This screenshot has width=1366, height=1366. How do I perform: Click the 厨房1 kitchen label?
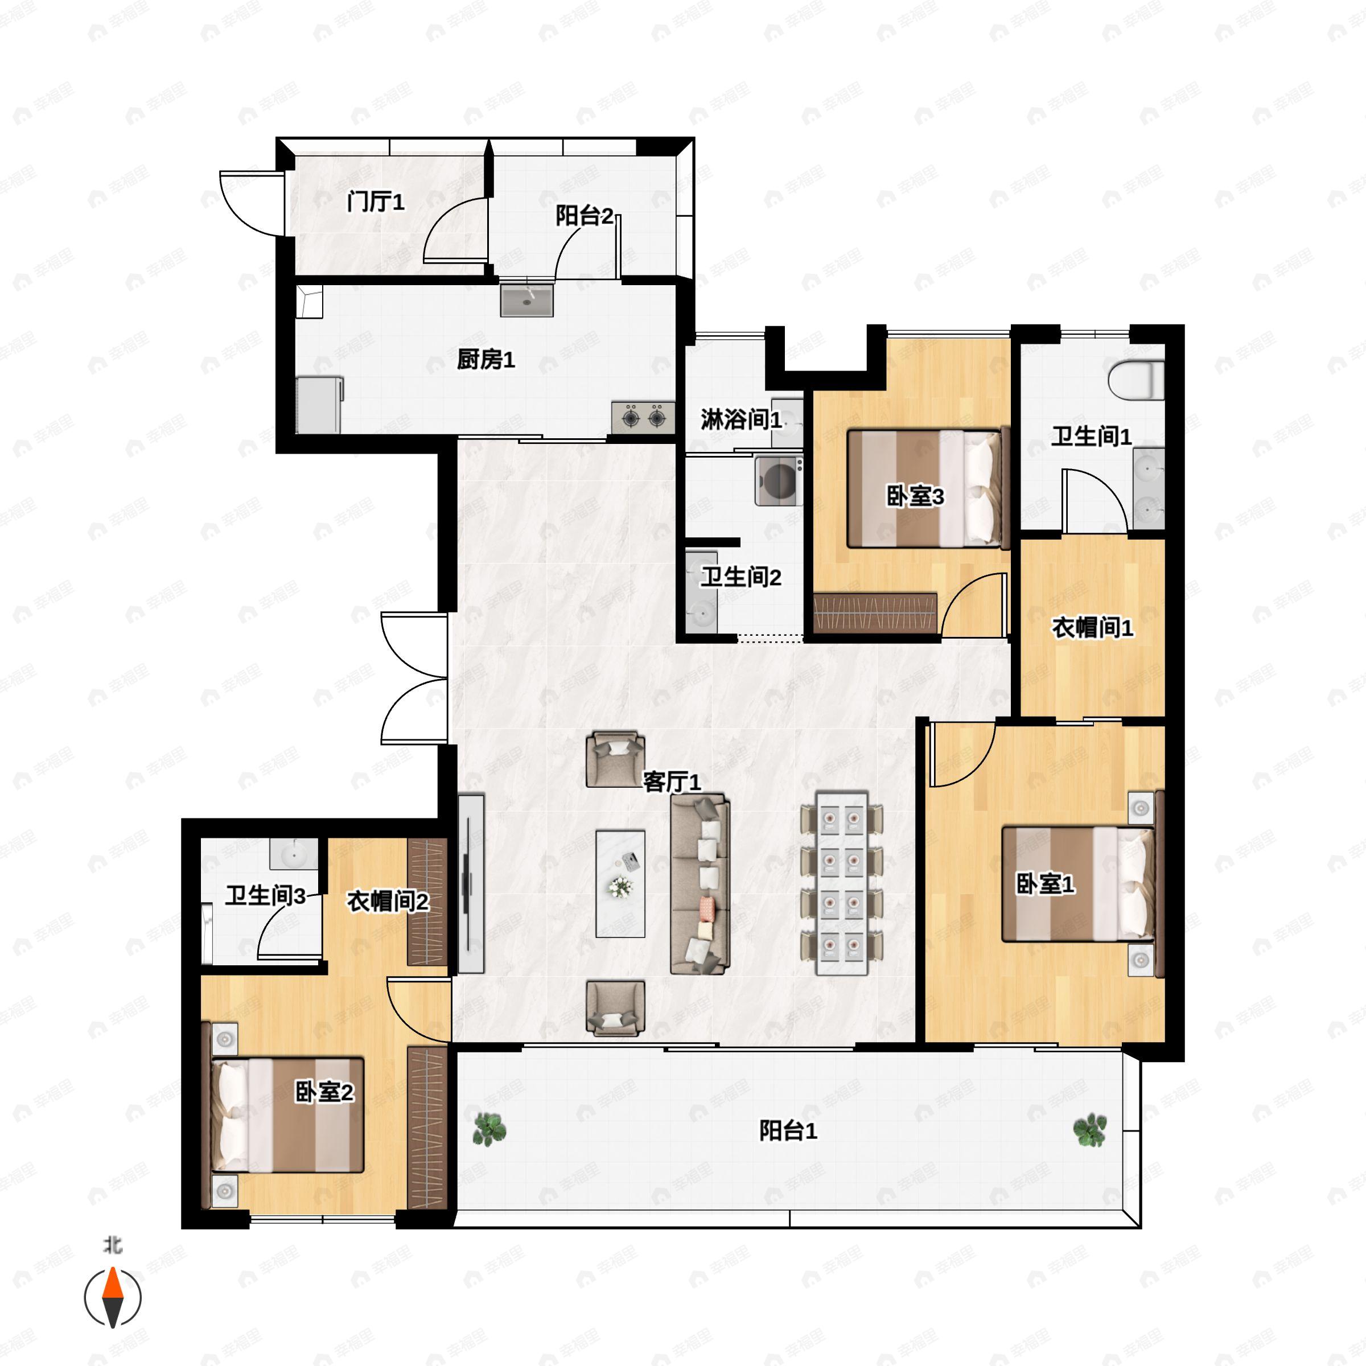click(x=485, y=360)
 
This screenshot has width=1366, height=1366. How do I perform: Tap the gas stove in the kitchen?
click(x=643, y=418)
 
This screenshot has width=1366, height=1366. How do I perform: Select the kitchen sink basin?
click(x=526, y=301)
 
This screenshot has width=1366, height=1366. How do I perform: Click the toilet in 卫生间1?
click(x=1135, y=380)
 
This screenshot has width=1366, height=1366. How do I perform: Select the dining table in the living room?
click(x=841, y=884)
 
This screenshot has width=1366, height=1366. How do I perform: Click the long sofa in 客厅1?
click(x=700, y=883)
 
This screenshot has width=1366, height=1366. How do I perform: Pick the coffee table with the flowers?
click(x=620, y=884)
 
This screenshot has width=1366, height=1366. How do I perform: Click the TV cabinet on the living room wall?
click(x=471, y=883)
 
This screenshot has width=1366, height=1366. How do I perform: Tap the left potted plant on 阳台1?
click(x=488, y=1129)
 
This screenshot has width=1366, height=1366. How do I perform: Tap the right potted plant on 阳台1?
click(x=1089, y=1130)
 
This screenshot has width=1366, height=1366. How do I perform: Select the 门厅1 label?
click(x=376, y=203)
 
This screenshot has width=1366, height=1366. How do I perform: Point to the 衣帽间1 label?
click(x=1092, y=627)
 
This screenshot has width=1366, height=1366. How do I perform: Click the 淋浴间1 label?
click(x=741, y=420)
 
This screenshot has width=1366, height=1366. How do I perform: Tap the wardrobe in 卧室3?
click(x=875, y=612)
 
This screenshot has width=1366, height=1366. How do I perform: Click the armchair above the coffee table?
click(x=615, y=759)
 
